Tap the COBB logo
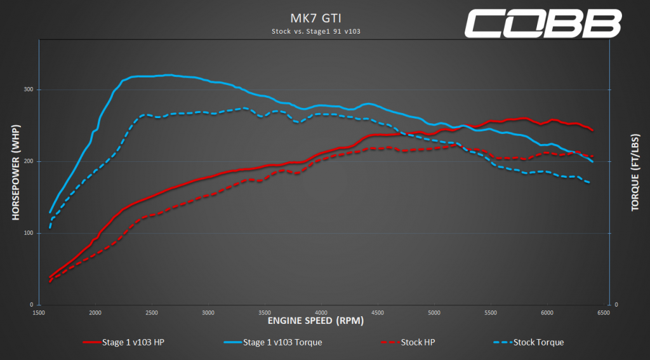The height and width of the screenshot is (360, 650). pyautogui.click(x=542, y=23)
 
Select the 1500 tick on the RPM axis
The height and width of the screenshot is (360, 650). pyautogui.click(x=39, y=312)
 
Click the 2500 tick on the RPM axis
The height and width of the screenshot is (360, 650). pyautogui.click(x=152, y=312)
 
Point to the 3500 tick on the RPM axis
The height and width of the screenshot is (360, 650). pyautogui.click(x=265, y=312)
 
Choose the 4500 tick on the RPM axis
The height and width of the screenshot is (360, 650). pyautogui.click(x=378, y=312)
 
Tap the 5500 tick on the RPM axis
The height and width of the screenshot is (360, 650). pyautogui.click(x=491, y=312)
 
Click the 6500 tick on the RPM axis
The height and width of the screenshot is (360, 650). pyautogui.click(x=604, y=312)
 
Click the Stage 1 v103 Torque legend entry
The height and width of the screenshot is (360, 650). pyautogui.click(x=274, y=342)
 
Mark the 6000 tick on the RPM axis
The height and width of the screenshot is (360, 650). pyautogui.click(x=547, y=312)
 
